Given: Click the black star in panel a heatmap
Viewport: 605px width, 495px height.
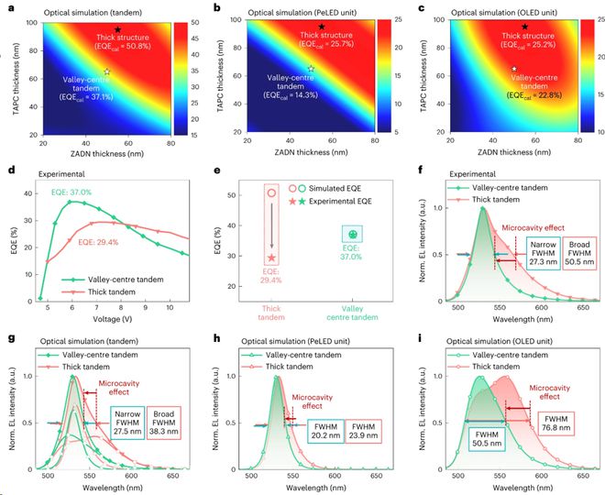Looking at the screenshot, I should coord(117,31).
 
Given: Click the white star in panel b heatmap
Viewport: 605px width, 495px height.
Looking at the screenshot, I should coord(311,69).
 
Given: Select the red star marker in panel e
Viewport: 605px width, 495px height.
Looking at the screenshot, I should coord(271,258).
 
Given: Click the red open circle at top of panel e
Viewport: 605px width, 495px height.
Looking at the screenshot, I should coord(271,192).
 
